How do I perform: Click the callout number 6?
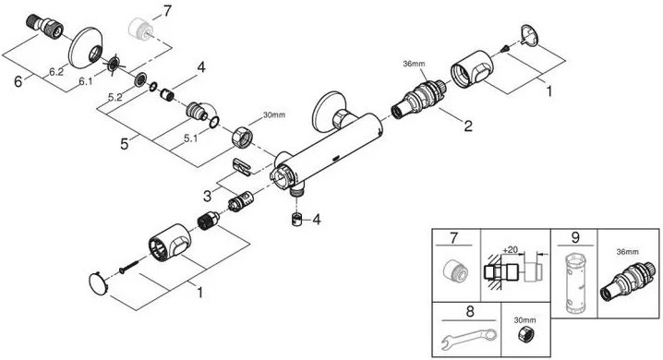pyautogui.click(x=18, y=80)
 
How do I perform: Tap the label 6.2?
pyautogui.click(x=55, y=72)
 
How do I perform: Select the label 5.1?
pyautogui.click(x=190, y=138)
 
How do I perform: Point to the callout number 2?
pyautogui.click(x=468, y=126)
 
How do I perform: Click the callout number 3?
pyautogui.click(x=207, y=196)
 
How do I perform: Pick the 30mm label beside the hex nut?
pyautogui.click(x=274, y=114)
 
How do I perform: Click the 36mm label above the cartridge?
pyautogui.click(x=414, y=64)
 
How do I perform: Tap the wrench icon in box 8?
pyautogui.click(x=469, y=338)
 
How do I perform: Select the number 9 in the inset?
pyautogui.click(x=575, y=237)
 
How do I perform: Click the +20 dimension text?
pyautogui.click(x=511, y=250)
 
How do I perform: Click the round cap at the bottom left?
pyautogui.click(x=98, y=283)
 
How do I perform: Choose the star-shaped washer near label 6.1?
pyautogui.click(x=114, y=65)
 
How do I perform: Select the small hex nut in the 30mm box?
pyautogui.click(x=524, y=335)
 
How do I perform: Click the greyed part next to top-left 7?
pyautogui.click(x=140, y=30)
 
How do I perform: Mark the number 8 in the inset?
pyautogui.click(x=470, y=312)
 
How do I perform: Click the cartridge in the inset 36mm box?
pyautogui.click(x=628, y=280)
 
